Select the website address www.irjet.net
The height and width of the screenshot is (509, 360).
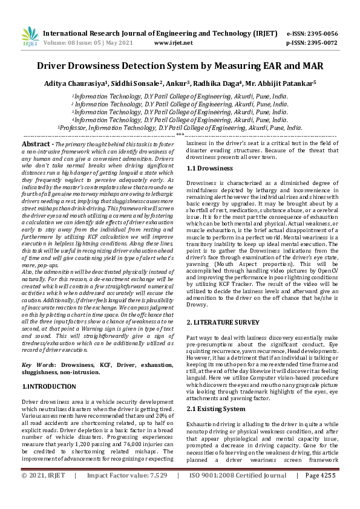point(174,44)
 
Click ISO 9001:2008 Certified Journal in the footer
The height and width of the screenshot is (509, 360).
point(238,493)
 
